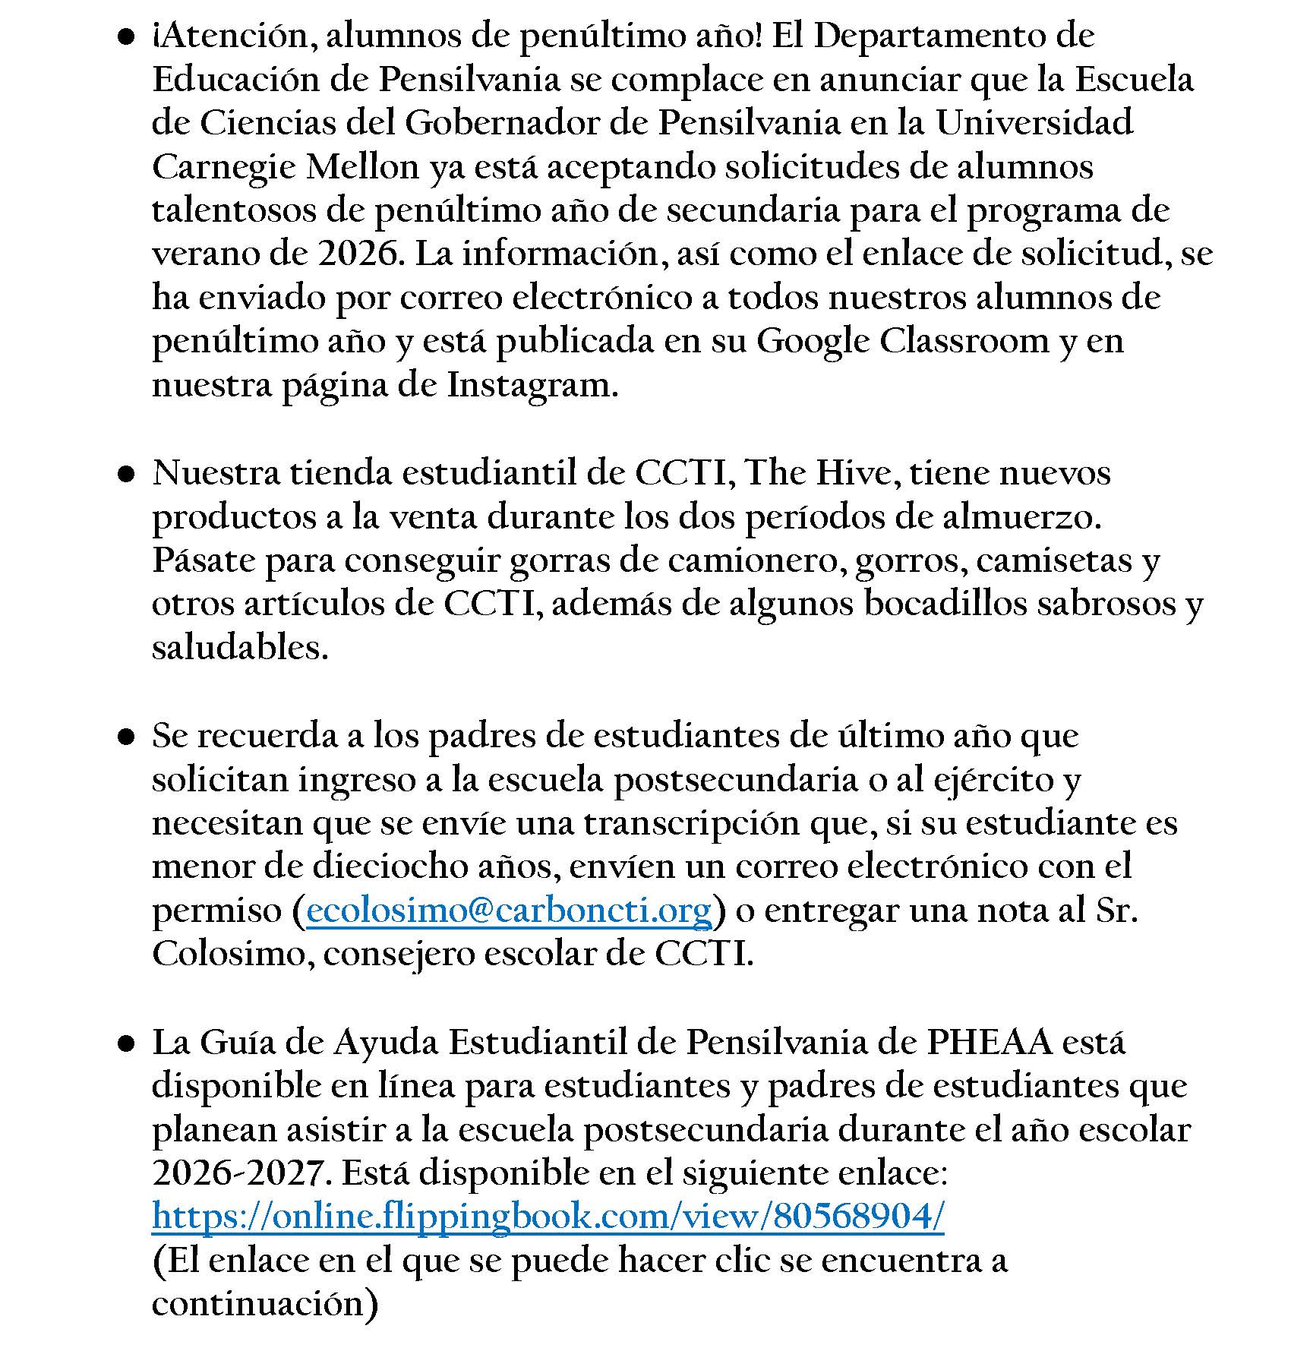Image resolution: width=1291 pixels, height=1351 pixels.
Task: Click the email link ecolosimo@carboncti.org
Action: click(x=508, y=910)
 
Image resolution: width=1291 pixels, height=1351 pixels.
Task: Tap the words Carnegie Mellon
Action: click(x=286, y=167)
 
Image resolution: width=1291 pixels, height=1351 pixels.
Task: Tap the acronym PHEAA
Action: click(x=990, y=1042)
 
